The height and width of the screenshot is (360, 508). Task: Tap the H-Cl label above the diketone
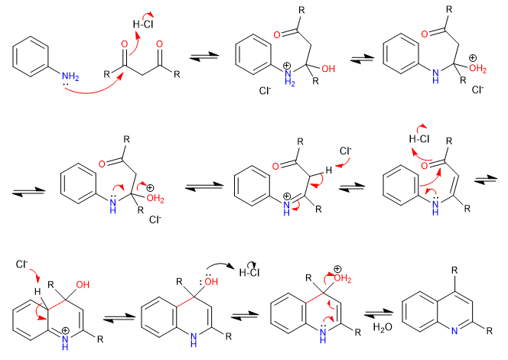click(x=142, y=24)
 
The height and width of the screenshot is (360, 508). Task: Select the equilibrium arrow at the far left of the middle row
click(x=24, y=192)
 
